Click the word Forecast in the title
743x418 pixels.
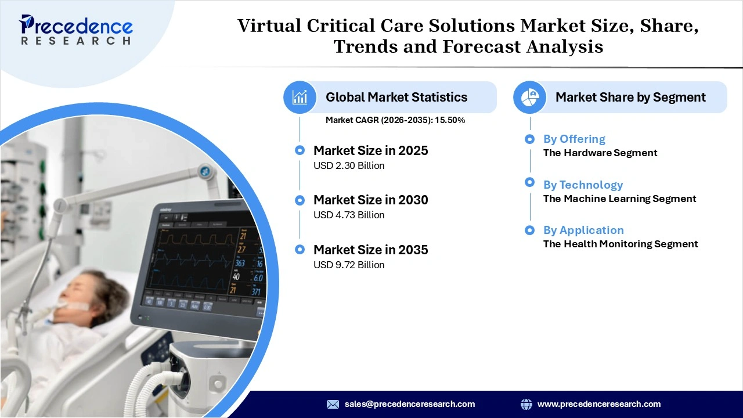tap(481, 46)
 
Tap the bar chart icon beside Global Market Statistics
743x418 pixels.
tap(300, 97)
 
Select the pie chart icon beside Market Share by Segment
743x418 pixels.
tap(529, 97)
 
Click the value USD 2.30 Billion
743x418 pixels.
tap(349, 165)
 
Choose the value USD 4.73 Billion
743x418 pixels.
tap(349, 215)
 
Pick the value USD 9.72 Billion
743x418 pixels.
tap(349, 265)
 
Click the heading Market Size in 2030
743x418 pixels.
tap(370, 200)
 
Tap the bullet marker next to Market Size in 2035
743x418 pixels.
tap(300, 250)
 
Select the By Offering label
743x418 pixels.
tap(574, 139)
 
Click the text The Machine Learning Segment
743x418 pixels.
tap(619, 199)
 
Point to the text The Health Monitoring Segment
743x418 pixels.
tap(621, 244)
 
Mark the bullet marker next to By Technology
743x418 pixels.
tap(529, 182)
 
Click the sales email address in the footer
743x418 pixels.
tap(409, 404)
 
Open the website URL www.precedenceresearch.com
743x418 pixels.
tap(598, 404)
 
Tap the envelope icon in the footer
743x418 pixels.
tap(333, 404)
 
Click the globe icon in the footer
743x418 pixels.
tap(526, 404)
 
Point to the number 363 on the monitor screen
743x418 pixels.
tap(240, 263)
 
